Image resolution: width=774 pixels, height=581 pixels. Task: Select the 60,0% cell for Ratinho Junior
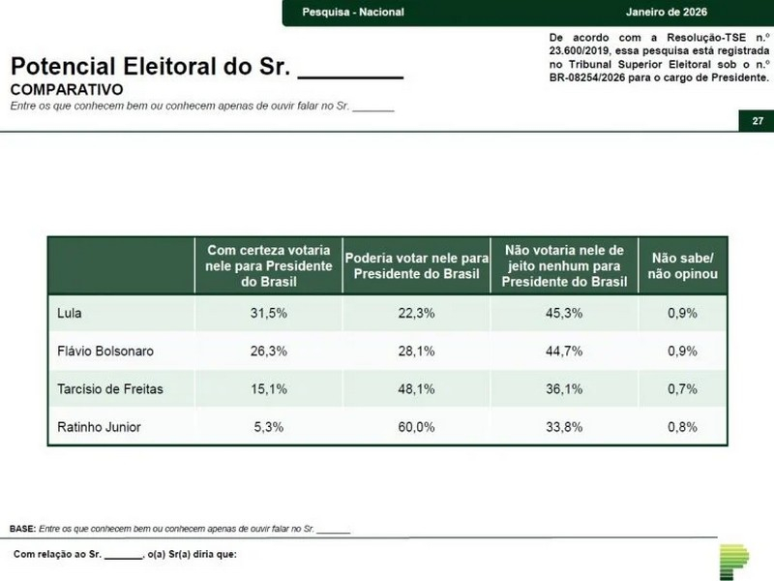417,426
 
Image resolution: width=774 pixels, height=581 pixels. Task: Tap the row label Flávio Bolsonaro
106,351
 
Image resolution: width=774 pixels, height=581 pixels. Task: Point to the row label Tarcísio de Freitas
111,388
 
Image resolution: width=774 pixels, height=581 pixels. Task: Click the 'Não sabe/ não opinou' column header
682,265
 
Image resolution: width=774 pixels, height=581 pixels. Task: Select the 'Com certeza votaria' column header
269,265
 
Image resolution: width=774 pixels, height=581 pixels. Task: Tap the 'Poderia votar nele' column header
417,265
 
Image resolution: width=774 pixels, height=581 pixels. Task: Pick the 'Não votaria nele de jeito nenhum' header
564,265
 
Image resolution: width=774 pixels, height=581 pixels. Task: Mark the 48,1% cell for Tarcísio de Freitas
417,388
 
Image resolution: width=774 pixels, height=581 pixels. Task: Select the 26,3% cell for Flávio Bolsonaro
269,351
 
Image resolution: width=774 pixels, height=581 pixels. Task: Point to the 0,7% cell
682,388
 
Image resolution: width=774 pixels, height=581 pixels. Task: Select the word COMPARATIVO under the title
66,88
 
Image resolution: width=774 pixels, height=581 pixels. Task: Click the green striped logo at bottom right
733,561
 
